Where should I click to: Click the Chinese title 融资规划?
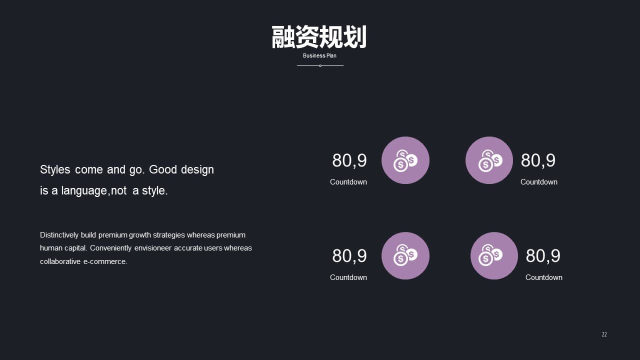pos(319,37)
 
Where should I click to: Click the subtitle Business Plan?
pos(319,55)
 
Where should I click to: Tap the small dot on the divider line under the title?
pos(320,66)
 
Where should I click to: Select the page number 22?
pos(604,334)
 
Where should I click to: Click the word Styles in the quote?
pos(55,169)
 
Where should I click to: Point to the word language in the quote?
pos(84,191)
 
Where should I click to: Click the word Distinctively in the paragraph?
pos(59,235)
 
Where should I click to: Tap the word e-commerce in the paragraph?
pos(105,261)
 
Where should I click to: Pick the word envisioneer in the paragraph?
pos(153,248)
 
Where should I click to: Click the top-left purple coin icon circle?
pos(405,160)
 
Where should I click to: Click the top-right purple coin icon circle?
pos(489,160)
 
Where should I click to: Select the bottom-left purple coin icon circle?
pos(405,255)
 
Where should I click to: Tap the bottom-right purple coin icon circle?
pos(494,255)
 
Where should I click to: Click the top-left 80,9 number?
pos(349,160)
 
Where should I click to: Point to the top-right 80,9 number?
pos(538,160)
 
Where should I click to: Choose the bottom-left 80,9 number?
pos(349,256)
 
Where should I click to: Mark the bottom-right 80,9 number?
pos(543,256)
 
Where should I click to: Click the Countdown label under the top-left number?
pos(348,182)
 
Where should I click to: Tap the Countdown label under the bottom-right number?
pos(543,277)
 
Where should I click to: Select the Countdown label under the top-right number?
pos(539,182)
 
